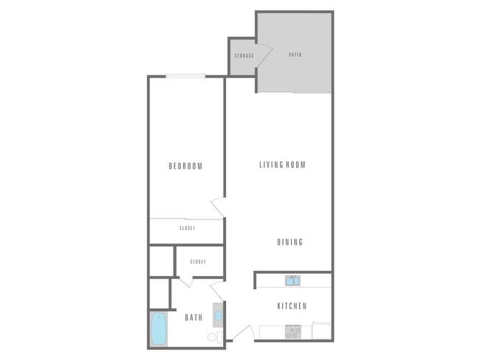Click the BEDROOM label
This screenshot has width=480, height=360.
185,166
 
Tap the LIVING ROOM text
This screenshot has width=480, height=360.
282,165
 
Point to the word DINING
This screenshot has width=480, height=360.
289,242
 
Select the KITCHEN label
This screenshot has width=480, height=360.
292,306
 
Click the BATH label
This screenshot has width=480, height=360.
193,318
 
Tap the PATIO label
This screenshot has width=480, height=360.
295,55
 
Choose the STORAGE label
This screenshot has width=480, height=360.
244,56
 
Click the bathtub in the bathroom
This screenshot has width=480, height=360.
158,329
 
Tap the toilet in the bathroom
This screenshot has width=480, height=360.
214,336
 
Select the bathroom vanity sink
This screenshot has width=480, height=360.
218,316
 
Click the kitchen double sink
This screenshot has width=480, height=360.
292,280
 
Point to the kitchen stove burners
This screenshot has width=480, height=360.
292,332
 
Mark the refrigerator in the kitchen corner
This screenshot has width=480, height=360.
322,331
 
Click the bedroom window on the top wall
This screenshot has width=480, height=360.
185,76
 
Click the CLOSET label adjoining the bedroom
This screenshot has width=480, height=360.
187,228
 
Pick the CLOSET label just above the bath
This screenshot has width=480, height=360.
197,261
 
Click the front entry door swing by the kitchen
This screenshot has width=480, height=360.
242,333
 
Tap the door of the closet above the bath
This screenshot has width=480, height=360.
185,280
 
